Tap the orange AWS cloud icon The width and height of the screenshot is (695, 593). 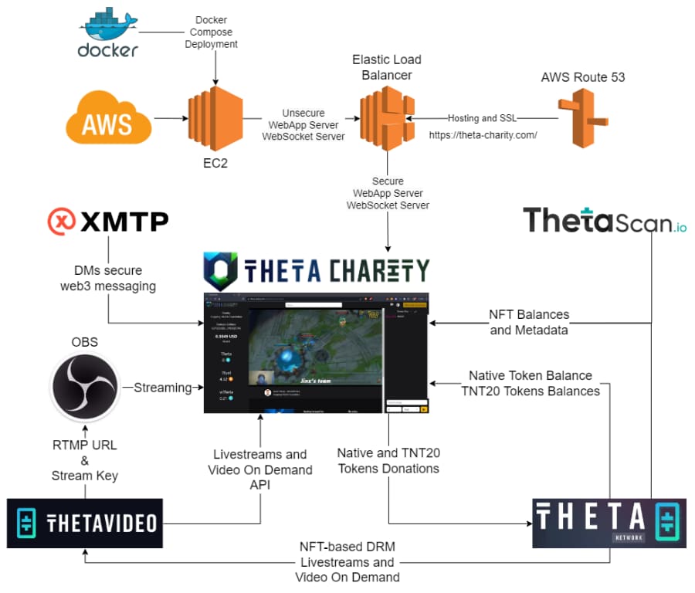tap(109, 118)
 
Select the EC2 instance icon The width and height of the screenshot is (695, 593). tap(215, 117)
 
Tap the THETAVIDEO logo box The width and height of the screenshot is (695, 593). tap(85, 524)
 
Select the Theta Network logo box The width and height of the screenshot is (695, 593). tap(609, 523)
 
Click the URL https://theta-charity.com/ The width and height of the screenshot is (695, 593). tap(483, 134)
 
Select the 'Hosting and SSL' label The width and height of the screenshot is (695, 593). tap(483, 118)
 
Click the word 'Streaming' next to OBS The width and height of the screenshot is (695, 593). tap(162, 388)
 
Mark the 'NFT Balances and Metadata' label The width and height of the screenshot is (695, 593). tap(529, 322)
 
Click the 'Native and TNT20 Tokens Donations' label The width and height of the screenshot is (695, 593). tap(388, 460)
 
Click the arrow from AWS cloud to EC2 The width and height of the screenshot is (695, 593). tap(170, 118)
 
